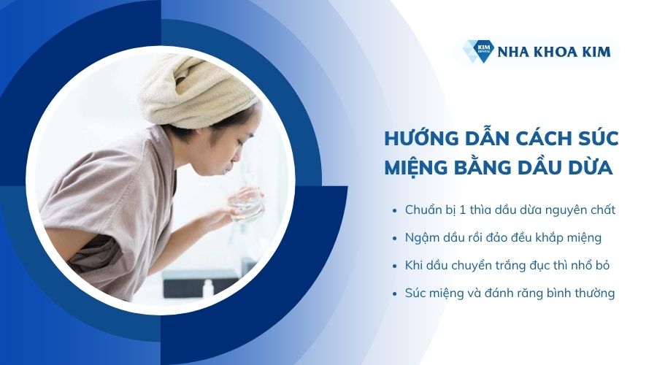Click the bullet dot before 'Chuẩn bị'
click(x=394, y=211)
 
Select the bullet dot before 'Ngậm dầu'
click(x=394, y=239)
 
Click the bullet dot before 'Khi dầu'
click(x=394, y=266)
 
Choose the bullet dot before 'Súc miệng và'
click(x=394, y=293)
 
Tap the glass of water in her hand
click(x=247, y=205)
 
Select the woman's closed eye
click(x=239, y=144)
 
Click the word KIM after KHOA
click(x=596, y=52)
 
